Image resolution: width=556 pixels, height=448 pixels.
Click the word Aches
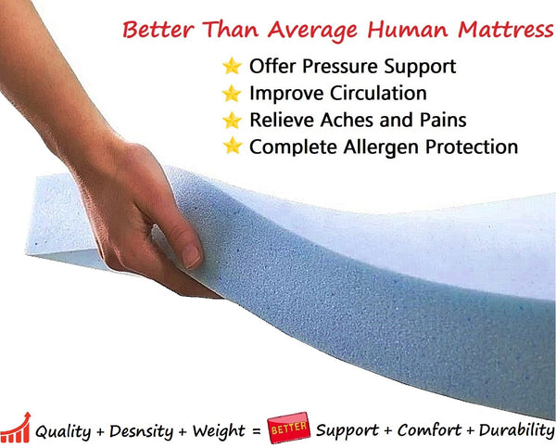(x=345, y=120)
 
